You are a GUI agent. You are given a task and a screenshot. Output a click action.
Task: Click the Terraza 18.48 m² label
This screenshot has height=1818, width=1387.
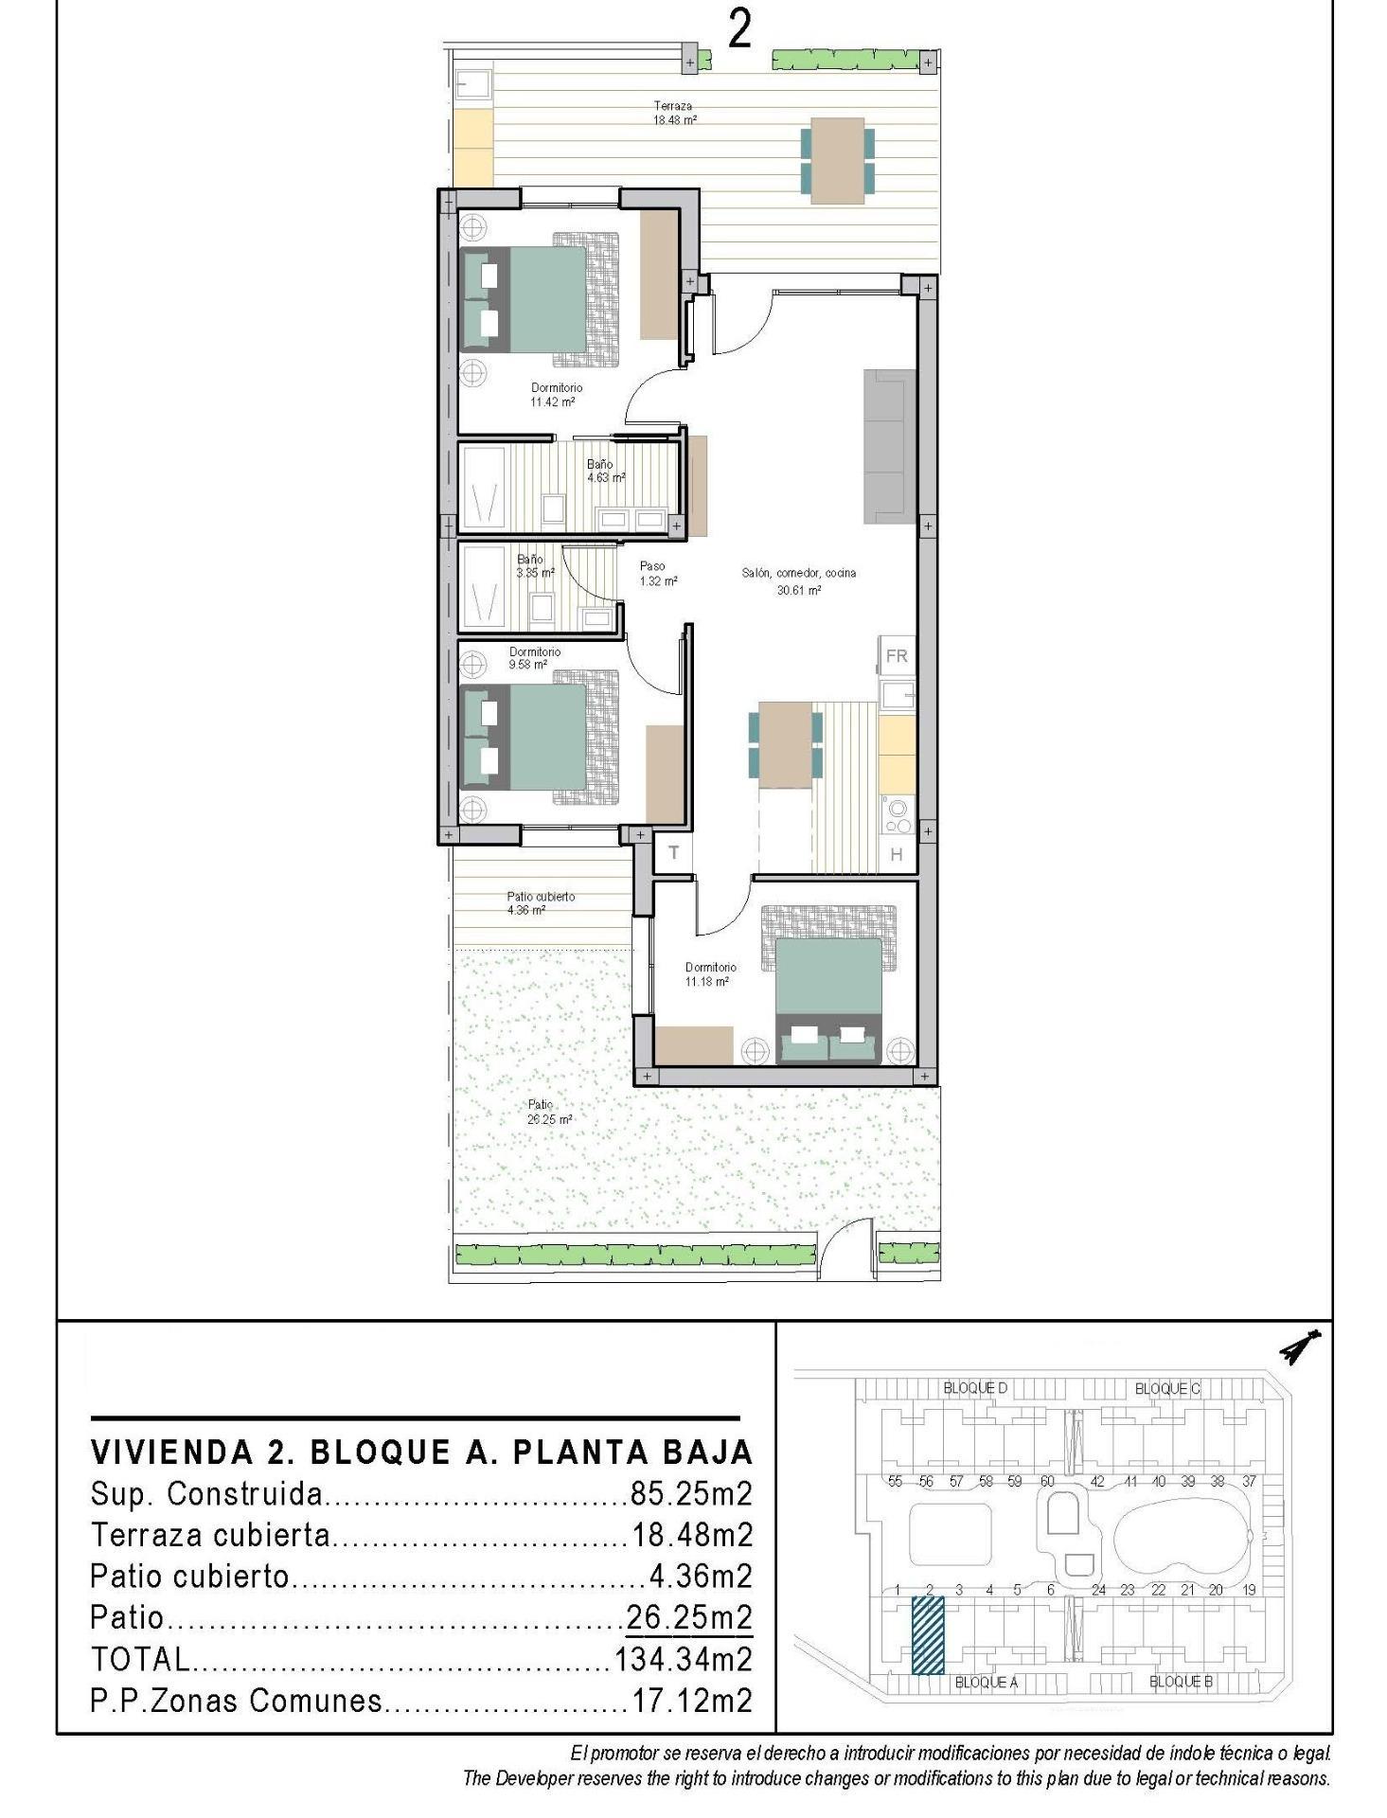[x=674, y=113]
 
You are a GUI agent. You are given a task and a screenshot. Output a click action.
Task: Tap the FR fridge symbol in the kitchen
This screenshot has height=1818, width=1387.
[x=896, y=655]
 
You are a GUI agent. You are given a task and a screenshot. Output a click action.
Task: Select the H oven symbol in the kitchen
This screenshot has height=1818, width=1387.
[x=896, y=854]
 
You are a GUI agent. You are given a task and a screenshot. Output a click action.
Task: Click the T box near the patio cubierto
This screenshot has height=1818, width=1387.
[x=673, y=852]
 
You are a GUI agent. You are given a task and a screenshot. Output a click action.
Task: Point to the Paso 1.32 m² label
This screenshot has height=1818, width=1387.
[x=657, y=574]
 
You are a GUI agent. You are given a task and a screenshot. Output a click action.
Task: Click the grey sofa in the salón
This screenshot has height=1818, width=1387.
[x=889, y=446]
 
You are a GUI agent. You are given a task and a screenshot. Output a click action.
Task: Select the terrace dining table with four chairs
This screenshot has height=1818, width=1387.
[x=837, y=160]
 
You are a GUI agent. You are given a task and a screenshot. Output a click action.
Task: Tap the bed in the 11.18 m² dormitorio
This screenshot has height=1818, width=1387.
[x=829, y=1000]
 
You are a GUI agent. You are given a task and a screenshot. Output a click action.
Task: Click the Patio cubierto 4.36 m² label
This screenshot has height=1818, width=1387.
[x=540, y=902]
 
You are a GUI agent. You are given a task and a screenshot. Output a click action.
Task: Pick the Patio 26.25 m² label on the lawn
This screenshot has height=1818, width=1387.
[x=549, y=1112]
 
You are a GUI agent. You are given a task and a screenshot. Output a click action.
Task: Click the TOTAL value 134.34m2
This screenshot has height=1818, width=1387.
[x=684, y=1659]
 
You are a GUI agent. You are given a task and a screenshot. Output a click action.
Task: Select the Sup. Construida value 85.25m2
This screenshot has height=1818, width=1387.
[x=691, y=1494]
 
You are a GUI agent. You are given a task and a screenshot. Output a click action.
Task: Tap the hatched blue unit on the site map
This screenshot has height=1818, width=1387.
[x=928, y=1635]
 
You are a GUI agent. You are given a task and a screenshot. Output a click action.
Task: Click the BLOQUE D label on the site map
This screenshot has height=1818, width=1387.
[x=975, y=1388]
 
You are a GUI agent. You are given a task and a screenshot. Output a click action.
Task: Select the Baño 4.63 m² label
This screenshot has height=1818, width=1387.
[x=605, y=471]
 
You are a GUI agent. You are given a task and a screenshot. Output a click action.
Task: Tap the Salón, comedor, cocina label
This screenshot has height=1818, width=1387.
[x=798, y=580]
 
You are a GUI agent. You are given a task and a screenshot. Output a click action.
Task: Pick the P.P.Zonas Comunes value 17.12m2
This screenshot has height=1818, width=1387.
[x=691, y=1701]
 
